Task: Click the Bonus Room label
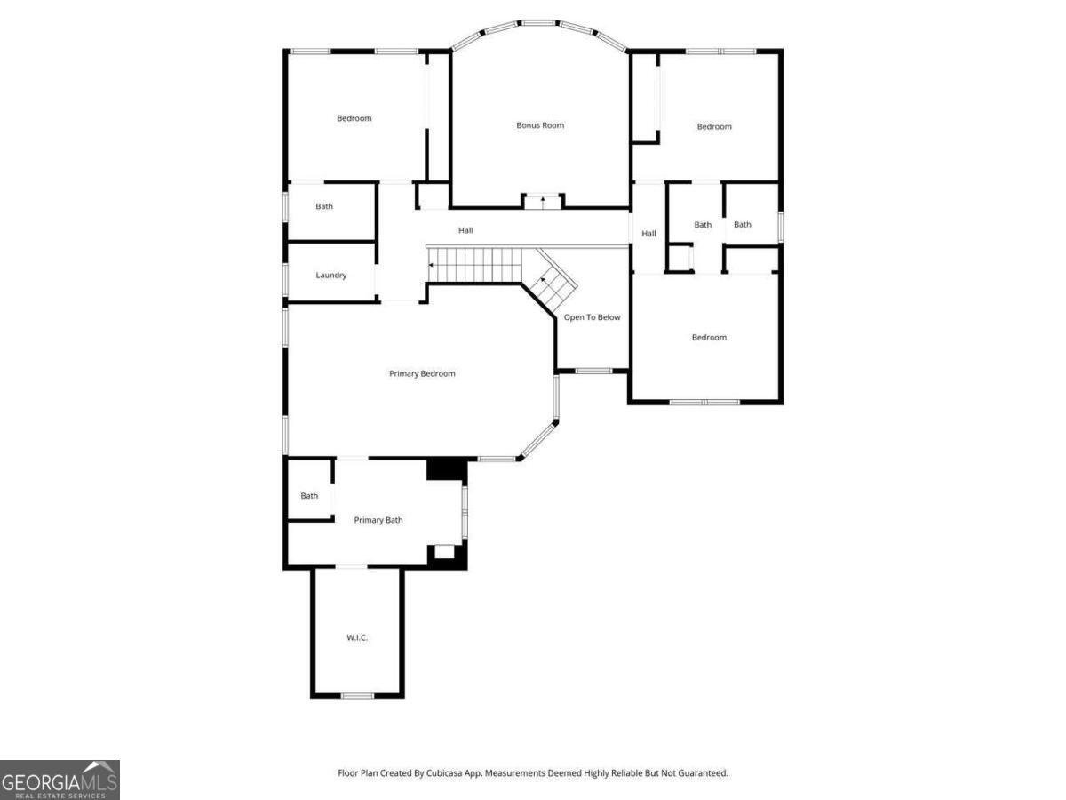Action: (x=540, y=125)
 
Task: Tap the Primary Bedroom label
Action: (x=422, y=373)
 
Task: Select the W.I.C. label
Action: (x=357, y=638)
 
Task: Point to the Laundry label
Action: (x=330, y=276)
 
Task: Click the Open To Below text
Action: (x=592, y=317)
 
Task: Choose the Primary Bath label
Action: (x=378, y=520)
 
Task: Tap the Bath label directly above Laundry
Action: (x=324, y=207)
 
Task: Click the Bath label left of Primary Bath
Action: (x=309, y=496)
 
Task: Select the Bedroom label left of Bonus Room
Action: (x=354, y=118)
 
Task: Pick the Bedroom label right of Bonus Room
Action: (x=714, y=127)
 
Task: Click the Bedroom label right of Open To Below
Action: (x=709, y=337)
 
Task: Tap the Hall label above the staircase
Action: (x=465, y=231)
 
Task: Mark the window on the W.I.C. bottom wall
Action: (x=357, y=695)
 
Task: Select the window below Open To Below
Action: (x=593, y=371)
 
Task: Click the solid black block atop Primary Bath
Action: (x=446, y=469)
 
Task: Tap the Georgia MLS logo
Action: (x=60, y=780)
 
